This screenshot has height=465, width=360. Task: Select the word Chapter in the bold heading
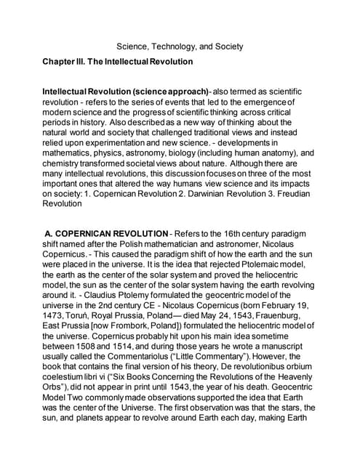click(x=60, y=62)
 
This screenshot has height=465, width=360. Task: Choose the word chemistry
click(x=66, y=165)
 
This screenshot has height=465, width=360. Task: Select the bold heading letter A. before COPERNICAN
click(x=53, y=232)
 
